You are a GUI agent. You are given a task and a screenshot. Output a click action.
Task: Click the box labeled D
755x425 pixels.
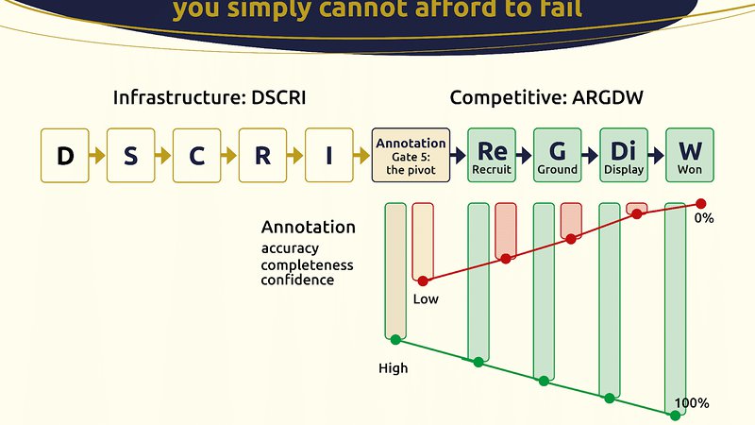coord(64,156)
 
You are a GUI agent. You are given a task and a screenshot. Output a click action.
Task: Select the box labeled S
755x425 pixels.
coord(130,156)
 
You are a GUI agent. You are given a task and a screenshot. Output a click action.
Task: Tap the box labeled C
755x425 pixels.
coord(196,156)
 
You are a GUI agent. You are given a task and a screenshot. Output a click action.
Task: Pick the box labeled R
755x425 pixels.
coord(262,156)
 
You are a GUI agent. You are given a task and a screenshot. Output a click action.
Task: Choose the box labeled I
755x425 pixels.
coord(328,156)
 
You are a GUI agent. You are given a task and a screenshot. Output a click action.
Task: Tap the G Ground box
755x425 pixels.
coord(558,156)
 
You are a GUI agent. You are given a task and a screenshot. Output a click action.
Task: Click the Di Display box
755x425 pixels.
coord(624,156)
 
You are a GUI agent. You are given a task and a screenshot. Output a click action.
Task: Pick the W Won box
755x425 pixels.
coord(689,156)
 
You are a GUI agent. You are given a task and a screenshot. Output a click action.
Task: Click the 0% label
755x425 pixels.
coord(704,218)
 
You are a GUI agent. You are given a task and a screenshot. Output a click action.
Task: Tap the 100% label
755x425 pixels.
coord(692,403)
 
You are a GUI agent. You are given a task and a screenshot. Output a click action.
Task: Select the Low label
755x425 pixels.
coord(426,299)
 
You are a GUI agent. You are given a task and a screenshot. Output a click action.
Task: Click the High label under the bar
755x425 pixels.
coord(393,368)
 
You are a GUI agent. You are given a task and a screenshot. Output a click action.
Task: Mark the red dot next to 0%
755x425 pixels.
coord(700,203)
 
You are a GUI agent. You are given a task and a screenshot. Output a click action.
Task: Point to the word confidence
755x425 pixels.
coord(297,280)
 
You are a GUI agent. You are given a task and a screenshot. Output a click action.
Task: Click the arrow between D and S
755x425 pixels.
coord(97,156)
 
